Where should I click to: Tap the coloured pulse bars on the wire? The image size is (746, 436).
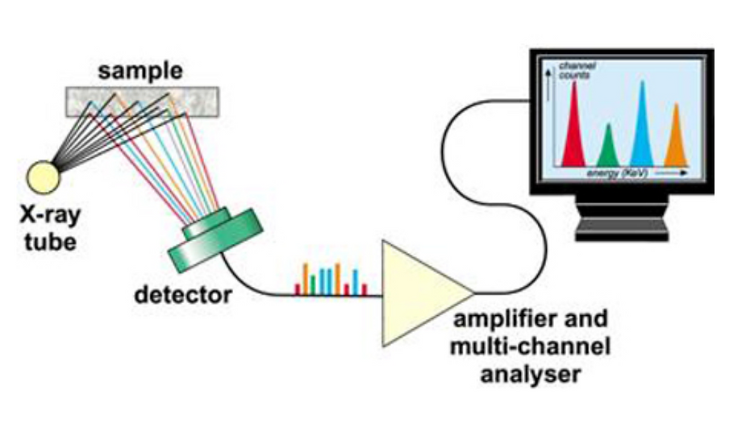[331, 280]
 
